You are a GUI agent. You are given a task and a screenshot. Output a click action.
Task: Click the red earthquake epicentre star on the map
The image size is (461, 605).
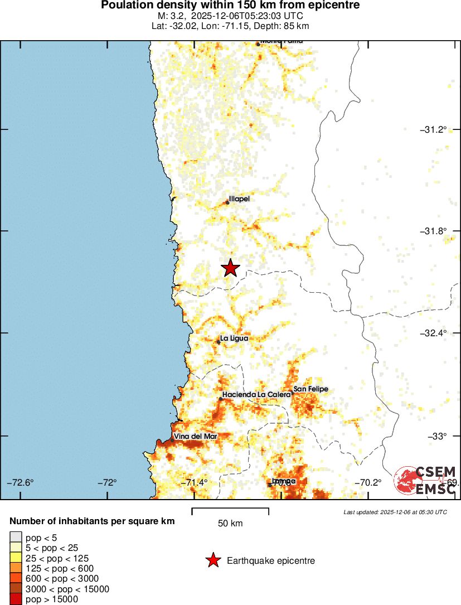coord(230,268)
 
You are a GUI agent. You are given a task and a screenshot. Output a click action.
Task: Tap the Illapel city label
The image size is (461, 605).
coord(239,199)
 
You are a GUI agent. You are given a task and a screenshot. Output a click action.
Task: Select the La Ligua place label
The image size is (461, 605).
coord(234,338)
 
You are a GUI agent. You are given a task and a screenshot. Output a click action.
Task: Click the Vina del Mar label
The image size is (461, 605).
coord(195,436)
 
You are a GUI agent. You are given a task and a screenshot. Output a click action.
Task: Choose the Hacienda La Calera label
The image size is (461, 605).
coord(256,395)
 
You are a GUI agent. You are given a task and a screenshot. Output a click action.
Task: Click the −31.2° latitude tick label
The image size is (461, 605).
coord(433,129)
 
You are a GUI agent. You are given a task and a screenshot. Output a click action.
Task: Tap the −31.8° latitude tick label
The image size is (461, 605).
coord(433,231)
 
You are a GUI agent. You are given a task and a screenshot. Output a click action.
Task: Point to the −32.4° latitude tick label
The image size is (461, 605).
coord(433,333)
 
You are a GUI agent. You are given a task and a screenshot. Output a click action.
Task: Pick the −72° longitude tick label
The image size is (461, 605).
coord(110,482)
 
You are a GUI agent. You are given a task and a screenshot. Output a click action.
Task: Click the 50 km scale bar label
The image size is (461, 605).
coord(230,523)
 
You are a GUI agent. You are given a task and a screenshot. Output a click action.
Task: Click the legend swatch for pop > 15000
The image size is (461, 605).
coord(15,599)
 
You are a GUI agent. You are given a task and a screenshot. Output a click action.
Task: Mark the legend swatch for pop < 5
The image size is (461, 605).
coord(15,537)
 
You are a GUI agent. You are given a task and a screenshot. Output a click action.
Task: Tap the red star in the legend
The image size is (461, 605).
coord(212,560)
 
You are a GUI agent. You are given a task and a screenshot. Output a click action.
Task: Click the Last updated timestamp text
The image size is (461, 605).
coord(395,512)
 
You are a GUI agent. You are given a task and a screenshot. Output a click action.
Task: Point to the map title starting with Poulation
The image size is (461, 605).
coord(230,6)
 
